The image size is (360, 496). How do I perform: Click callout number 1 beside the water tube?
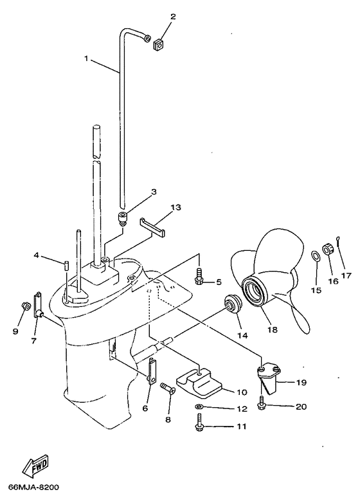tap(86, 59)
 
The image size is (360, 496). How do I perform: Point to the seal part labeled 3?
tap(122, 219)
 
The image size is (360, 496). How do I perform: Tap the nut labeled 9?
tap(25, 306)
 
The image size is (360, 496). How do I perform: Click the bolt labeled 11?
tap(199, 423)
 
